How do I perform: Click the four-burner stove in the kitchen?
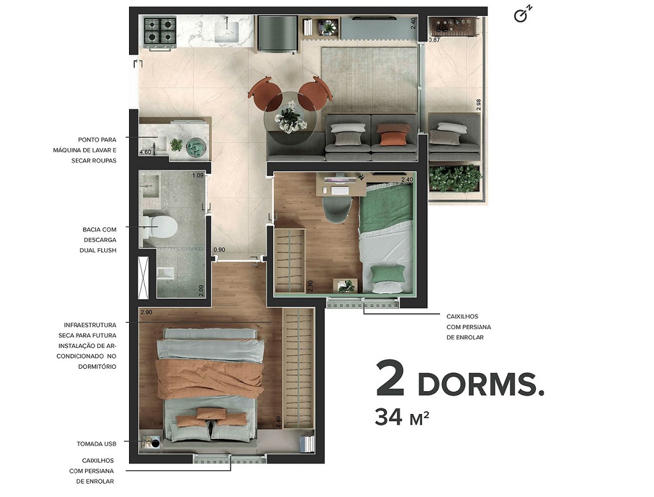pyautogui.click(x=160, y=31)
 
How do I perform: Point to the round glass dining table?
pyautogui.click(x=291, y=114)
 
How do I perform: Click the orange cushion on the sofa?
pyautogui.click(x=392, y=135)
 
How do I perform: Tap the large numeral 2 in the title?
pyautogui.click(x=390, y=379)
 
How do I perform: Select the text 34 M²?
pyautogui.click(x=401, y=417)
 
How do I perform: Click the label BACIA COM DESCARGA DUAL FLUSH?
pyautogui.click(x=99, y=239)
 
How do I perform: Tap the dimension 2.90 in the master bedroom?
pyautogui.click(x=146, y=312)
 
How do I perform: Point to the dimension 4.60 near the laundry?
pyautogui.click(x=146, y=152)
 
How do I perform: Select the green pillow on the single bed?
pyautogui.click(x=388, y=274)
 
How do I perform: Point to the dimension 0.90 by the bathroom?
pyautogui.click(x=219, y=249)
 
